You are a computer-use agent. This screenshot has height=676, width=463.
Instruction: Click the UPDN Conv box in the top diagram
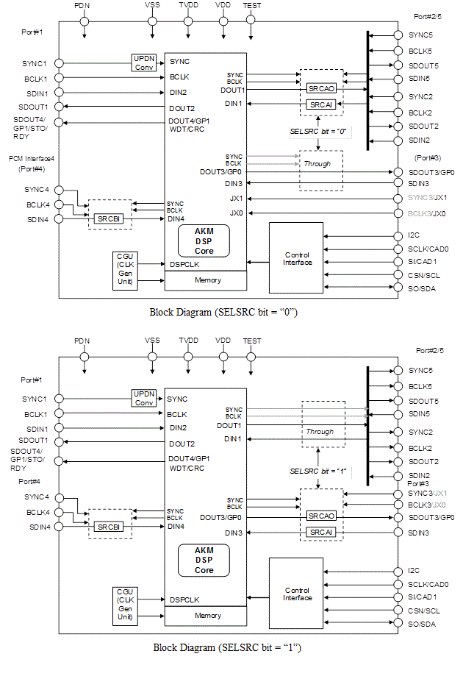click(x=144, y=63)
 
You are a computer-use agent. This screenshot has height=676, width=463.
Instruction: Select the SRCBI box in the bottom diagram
click(x=109, y=527)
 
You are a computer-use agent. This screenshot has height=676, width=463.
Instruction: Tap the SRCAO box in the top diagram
click(x=321, y=88)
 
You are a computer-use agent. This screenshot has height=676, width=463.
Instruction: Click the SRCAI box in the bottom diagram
click(x=321, y=533)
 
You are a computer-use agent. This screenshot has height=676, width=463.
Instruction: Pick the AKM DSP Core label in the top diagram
click(x=204, y=241)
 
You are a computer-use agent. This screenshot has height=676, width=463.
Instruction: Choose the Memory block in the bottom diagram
click(x=206, y=616)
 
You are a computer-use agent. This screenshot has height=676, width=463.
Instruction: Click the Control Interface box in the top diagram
click(x=296, y=257)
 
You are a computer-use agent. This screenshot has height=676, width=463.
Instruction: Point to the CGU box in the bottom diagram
click(x=125, y=607)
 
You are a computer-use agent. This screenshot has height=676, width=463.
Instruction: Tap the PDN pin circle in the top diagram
click(x=85, y=21)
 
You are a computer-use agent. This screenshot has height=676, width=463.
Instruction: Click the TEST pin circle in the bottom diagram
click(x=251, y=357)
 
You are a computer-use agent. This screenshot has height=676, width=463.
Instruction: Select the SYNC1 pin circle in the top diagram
click(x=59, y=63)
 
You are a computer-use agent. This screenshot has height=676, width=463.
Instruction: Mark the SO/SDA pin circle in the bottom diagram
click(x=398, y=623)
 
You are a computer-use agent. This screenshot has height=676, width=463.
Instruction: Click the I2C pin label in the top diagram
click(x=414, y=235)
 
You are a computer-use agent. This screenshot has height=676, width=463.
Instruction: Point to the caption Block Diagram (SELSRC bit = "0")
click(x=223, y=312)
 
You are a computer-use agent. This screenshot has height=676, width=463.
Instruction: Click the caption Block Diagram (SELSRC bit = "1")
click(x=227, y=647)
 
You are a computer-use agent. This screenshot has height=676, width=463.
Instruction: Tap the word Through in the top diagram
click(x=317, y=164)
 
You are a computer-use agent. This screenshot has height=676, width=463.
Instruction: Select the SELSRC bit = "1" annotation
click(x=318, y=472)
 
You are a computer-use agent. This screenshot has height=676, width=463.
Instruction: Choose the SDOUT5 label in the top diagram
click(x=423, y=65)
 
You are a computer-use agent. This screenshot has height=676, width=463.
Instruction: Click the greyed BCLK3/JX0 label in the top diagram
click(x=426, y=213)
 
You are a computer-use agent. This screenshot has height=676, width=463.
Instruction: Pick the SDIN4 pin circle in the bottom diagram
click(x=59, y=527)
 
